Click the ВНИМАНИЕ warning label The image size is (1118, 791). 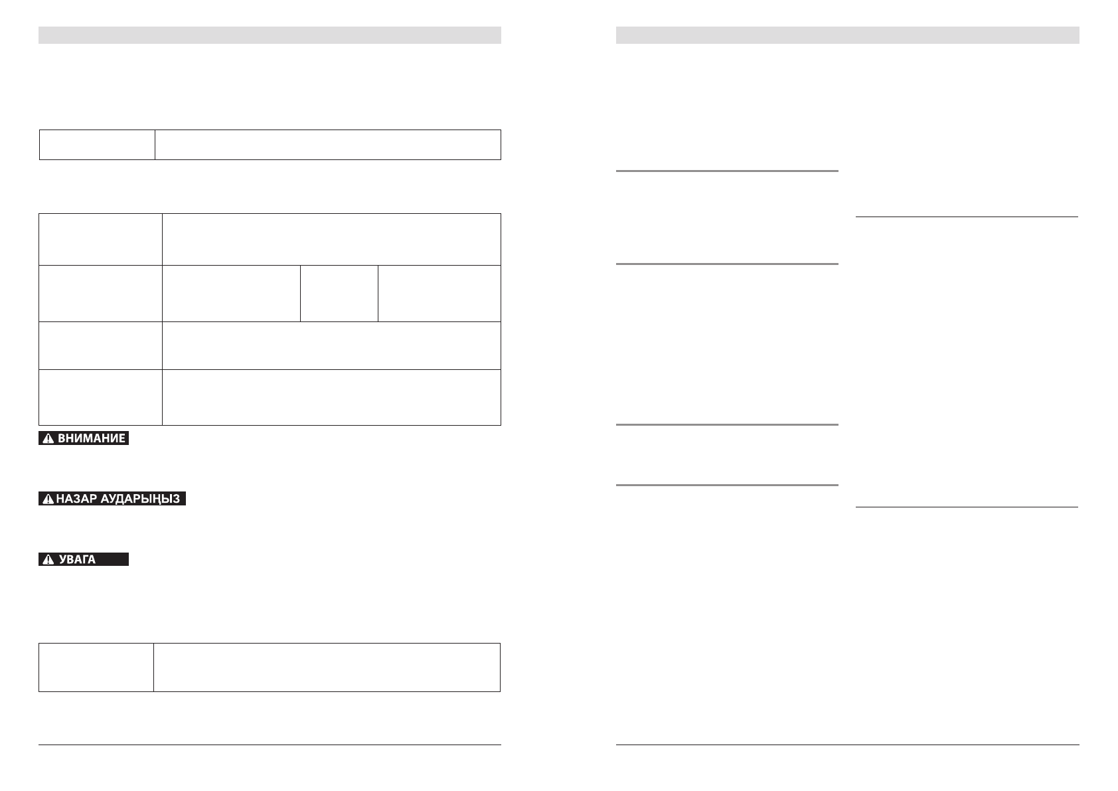pos(84,438)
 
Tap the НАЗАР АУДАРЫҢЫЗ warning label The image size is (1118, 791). pos(112,499)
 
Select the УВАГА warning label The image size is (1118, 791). pos(84,559)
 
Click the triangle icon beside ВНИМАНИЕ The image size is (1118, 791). pos(48,438)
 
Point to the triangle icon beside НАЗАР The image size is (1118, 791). pos(48,499)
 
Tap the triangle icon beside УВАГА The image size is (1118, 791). pos(48,559)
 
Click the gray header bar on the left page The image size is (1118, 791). pos(270,35)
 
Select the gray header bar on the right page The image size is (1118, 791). pos(847,35)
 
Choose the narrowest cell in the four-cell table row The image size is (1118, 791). pos(339,294)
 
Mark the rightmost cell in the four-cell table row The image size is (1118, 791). pos(439,294)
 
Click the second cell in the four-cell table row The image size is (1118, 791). pos(231,294)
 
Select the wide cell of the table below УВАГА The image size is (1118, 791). pos(327,667)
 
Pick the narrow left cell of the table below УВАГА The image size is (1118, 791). pos(96,667)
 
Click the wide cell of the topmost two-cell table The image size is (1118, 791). pos(327,145)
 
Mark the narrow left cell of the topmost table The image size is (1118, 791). pos(97,145)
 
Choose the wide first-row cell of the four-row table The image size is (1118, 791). pos(331,239)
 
